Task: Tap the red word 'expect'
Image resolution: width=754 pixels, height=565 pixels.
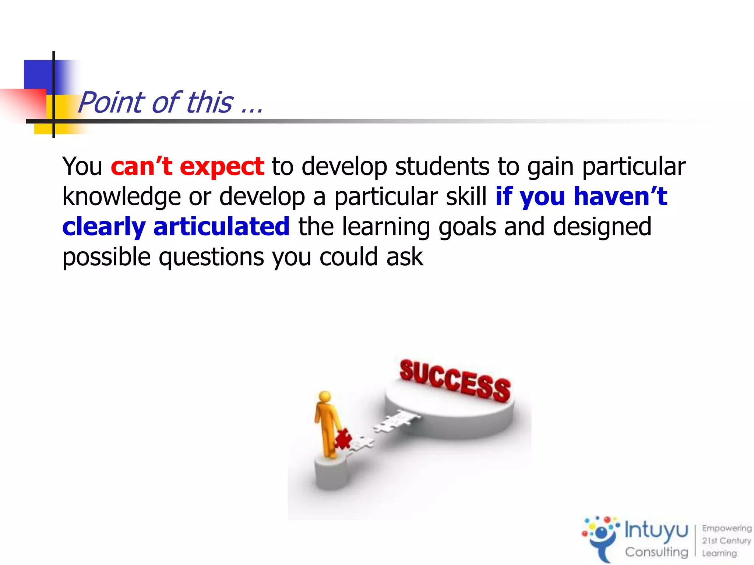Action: [x=222, y=167]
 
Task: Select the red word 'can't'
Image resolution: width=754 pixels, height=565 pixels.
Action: [x=141, y=167]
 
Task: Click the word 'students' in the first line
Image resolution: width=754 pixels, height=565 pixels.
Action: [x=442, y=167]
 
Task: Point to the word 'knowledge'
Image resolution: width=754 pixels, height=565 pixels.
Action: [x=121, y=197]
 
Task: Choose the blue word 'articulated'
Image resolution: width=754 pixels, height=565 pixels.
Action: [x=221, y=227]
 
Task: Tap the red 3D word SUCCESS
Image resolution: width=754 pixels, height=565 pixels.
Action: [x=455, y=381]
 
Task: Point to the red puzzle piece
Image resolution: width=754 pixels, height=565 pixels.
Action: [x=343, y=438]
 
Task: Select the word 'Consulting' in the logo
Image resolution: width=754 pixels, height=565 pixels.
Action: [x=656, y=552]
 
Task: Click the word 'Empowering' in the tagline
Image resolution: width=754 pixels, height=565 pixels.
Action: [x=726, y=528]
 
